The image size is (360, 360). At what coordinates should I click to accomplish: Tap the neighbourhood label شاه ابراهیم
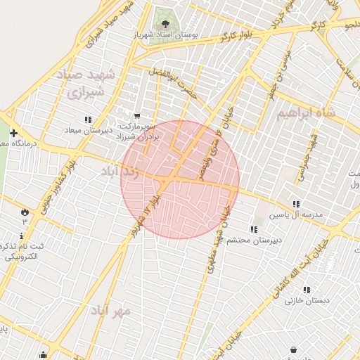pos(306,112)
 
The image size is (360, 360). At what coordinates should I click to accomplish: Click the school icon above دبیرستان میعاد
pos(88,120)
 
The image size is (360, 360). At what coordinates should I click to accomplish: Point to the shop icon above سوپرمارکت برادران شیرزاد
pos(136,115)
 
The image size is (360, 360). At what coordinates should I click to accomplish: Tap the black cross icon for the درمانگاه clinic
pos(13,133)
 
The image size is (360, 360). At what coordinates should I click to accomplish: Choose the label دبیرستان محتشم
pos(259,240)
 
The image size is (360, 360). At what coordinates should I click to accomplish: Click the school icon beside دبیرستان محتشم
pos(253,229)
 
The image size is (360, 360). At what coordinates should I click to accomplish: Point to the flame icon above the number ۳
pos(25,210)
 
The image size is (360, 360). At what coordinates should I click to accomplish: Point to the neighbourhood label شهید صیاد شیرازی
pos(89,83)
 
